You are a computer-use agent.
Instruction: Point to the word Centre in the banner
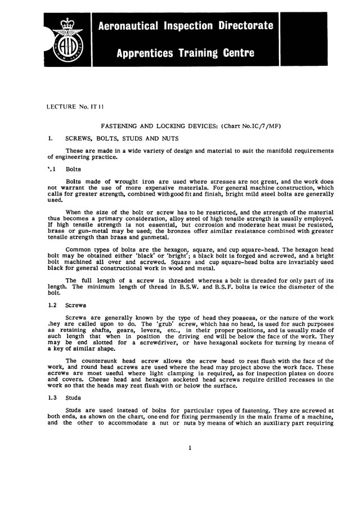tap(235, 54)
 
